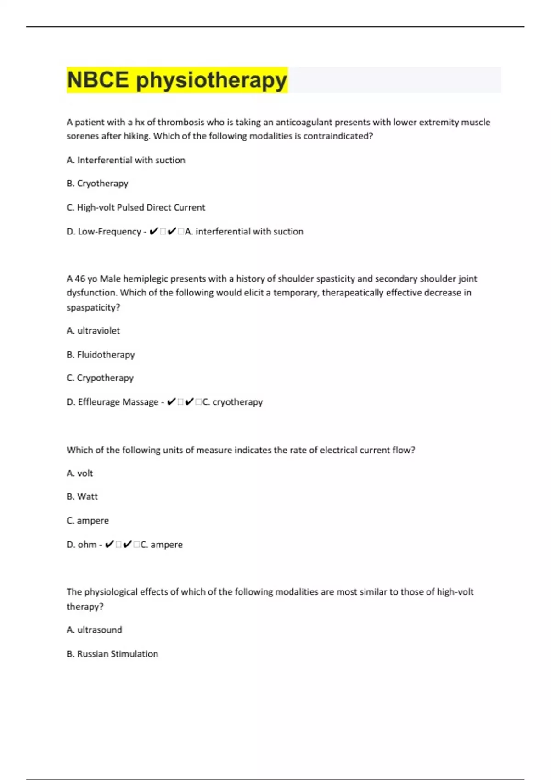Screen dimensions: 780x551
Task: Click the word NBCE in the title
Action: click(98, 80)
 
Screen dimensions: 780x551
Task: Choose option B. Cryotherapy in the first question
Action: click(97, 184)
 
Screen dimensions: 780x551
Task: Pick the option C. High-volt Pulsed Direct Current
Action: click(136, 207)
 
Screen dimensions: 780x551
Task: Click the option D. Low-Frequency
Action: click(104, 232)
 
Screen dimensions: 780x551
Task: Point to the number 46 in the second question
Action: click(80, 279)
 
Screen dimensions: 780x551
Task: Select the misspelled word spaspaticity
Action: click(93, 307)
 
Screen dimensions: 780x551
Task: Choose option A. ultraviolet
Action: click(93, 331)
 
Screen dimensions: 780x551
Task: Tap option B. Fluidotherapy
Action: click(101, 355)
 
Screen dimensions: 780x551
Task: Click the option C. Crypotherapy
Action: click(100, 378)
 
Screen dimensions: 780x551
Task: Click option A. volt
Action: click(80, 473)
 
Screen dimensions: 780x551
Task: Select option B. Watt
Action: click(82, 496)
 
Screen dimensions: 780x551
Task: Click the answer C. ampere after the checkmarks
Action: click(162, 545)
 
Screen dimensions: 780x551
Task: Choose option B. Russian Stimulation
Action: click(112, 654)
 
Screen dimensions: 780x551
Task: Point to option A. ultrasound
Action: click(95, 630)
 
